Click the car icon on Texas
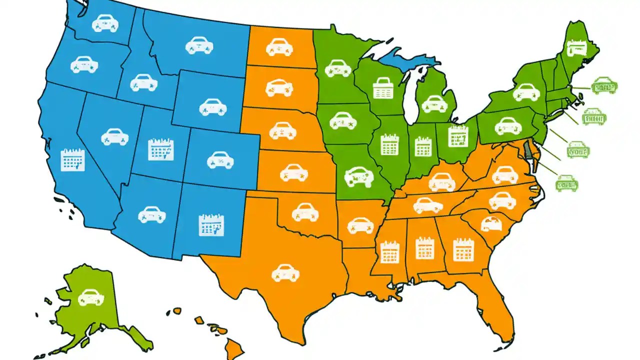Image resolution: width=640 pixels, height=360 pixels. (x=285, y=272)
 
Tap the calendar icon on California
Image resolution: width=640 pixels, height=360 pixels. (x=73, y=160)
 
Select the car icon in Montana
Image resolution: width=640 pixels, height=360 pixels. (x=199, y=45)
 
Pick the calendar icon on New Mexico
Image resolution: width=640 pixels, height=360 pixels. (x=211, y=225)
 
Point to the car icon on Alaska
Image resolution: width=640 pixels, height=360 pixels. (x=91, y=297)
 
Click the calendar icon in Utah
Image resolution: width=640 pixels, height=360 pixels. (x=161, y=149)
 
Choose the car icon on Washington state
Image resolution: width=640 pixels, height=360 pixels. (x=105, y=23)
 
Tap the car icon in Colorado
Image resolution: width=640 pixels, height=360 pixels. (x=220, y=159)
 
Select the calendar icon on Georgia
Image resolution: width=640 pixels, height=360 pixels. (x=463, y=249)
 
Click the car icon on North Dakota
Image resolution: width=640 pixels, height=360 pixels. (x=279, y=47)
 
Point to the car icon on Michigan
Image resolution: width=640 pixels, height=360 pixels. (x=434, y=104)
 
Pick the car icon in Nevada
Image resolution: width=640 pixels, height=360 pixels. (x=114, y=136)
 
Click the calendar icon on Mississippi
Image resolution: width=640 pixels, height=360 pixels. (x=389, y=252)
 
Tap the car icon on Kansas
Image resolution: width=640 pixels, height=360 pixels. (x=294, y=172)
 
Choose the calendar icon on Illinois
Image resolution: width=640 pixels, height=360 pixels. (x=389, y=144)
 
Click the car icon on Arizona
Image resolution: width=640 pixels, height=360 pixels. (x=151, y=214)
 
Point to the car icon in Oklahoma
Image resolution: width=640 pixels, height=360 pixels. (x=305, y=211)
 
